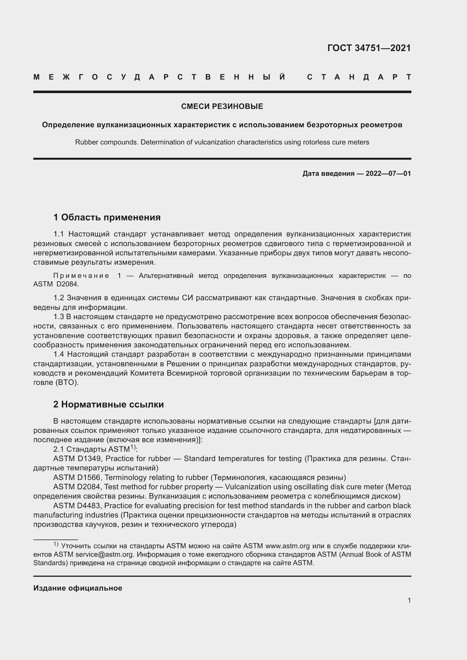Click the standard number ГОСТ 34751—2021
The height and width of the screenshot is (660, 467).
[x=369, y=48]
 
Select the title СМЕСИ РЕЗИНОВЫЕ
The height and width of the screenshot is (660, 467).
[x=222, y=107]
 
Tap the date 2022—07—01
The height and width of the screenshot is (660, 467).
[x=388, y=174]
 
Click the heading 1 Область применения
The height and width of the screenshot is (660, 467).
[x=107, y=217]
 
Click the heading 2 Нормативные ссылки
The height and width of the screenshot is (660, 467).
[x=108, y=404]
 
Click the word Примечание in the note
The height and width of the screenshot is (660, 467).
[x=81, y=276]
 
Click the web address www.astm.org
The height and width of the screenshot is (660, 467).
[x=287, y=546]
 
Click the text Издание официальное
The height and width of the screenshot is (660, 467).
[x=78, y=588]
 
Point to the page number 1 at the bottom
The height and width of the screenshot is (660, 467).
[x=409, y=600]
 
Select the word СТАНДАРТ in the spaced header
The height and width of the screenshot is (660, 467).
[x=359, y=77]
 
